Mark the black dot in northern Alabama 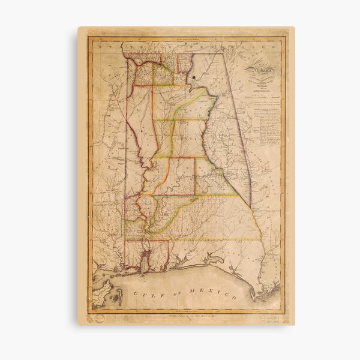(x=194, y=77)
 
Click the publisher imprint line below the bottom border (x=186, y=314)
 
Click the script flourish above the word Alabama (x=258, y=64)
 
